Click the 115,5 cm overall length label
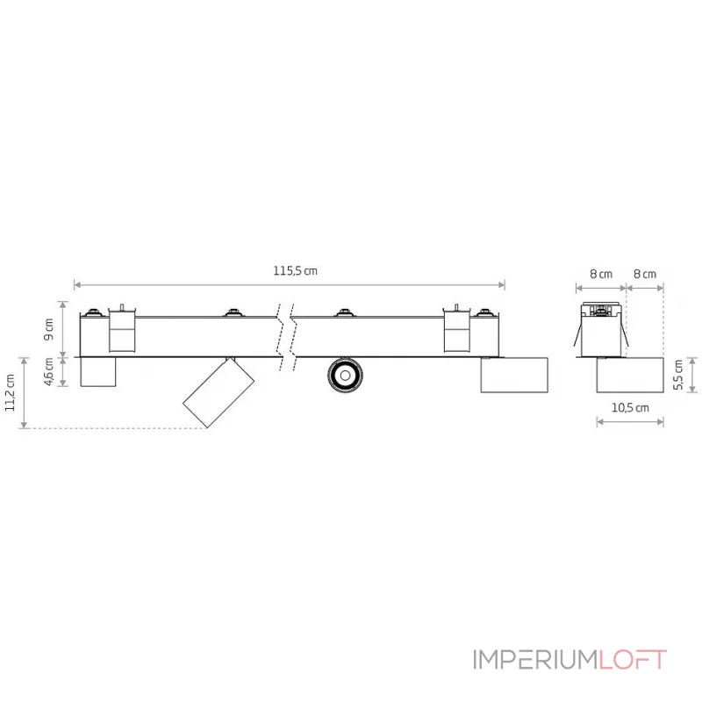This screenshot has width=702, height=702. tap(295, 271)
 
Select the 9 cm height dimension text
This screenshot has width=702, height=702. tap(50, 329)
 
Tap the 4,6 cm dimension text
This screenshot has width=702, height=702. tap(50, 371)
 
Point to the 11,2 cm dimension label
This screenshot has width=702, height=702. tap(11, 392)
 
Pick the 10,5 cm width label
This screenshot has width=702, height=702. tap(630, 408)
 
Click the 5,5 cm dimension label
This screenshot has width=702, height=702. tap(677, 376)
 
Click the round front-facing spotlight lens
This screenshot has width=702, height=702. tap(345, 376)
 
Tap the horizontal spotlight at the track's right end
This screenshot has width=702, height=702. tap(514, 376)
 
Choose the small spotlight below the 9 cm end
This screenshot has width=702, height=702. tap(97, 372)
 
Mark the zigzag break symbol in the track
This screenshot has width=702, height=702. tap(284, 338)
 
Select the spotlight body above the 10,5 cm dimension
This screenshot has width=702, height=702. tap(630, 376)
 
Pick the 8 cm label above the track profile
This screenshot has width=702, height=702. tap(601, 274)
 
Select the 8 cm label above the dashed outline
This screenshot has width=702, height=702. tap(645, 274)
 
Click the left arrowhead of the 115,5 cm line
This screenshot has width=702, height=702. tap(77, 285)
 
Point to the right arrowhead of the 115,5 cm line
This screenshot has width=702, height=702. tap(502, 285)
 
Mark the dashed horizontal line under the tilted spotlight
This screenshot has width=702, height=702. tap(114, 428)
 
